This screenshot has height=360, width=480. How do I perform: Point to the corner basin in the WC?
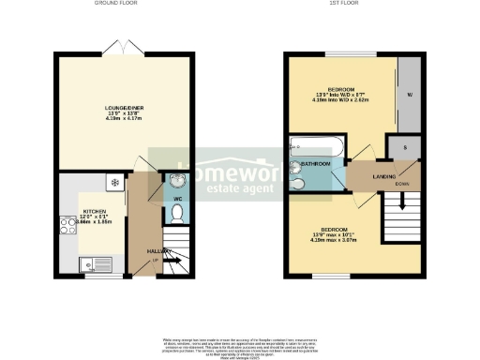tap(176, 181)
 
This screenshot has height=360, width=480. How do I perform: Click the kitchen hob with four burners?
tap(67, 224)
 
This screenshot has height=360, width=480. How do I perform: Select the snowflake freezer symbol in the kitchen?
tap(113, 181)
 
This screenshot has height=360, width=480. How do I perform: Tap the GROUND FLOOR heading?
tap(116, 4)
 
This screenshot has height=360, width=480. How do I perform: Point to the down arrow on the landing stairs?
tap(402, 201)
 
